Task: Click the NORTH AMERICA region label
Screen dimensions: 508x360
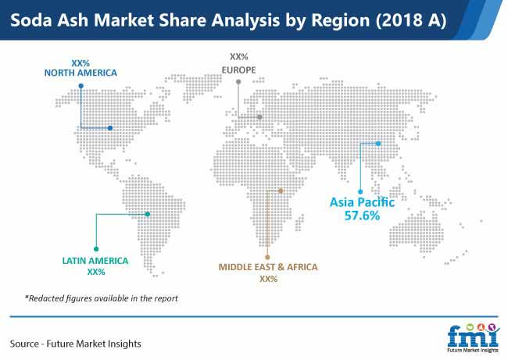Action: click(80, 73)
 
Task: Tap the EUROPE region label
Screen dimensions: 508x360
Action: click(239, 70)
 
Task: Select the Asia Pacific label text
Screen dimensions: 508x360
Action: click(362, 203)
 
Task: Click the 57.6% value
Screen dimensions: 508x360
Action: click(362, 216)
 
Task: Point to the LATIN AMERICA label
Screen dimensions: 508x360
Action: click(95, 261)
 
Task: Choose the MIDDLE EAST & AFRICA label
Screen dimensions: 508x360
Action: click(268, 267)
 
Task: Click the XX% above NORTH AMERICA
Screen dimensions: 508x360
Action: click(80, 63)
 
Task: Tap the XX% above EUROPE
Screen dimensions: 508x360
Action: click(239, 57)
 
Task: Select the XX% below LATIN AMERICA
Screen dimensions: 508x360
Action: click(96, 272)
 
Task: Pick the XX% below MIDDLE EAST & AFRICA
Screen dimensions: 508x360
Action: click(269, 279)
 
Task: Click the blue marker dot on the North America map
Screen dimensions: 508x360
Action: click(110, 128)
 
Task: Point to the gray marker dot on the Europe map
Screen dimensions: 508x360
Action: click(259, 117)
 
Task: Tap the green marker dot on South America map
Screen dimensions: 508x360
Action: click(148, 214)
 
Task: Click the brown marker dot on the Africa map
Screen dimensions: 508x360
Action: click(281, 191)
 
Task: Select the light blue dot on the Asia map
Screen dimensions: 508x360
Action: click(378, 143)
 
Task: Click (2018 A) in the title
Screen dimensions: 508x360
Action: click(411, 20)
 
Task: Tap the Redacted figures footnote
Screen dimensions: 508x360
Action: click(102, 298)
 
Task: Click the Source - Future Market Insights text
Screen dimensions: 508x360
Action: click(76, 344)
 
